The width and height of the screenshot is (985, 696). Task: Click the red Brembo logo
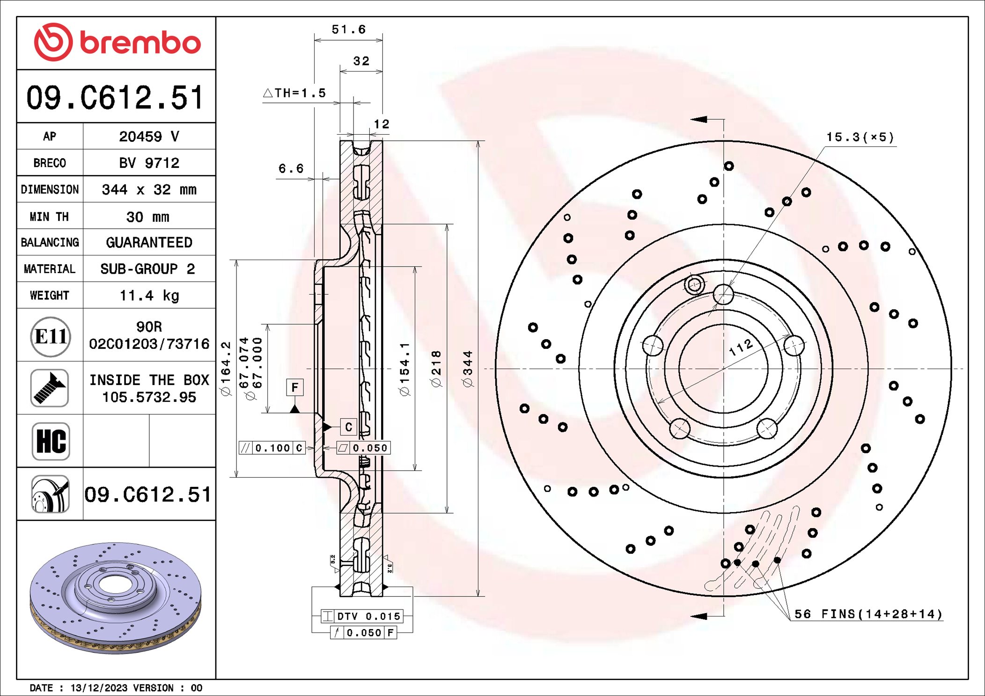pos(117,43)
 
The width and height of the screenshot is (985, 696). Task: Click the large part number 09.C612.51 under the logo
pos(115,98)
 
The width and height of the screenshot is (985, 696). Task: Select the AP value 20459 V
pos(149,137)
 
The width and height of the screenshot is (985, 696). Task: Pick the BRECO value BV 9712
pos(149,163)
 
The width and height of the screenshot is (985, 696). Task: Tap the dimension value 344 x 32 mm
pos(149,189)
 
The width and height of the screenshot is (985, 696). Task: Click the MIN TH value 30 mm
pos(147,217)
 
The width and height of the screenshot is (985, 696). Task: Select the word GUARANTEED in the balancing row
pos(149,242)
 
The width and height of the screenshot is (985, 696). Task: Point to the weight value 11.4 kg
pos(149,296)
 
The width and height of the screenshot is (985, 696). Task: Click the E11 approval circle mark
pos(51,336)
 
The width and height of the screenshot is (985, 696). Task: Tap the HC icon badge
pos(51,441)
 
